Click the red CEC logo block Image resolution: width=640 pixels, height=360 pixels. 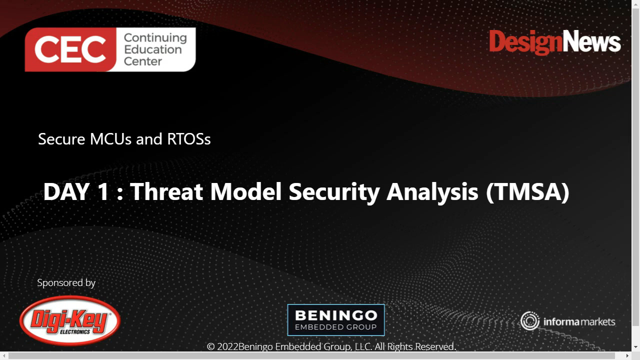pyautogui.click(x=70, y=50)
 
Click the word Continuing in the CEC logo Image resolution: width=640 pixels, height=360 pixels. pyautogui.click(x=155, y=38)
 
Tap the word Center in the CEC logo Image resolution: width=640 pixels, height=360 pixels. pyautogui.click(x=143, y=61)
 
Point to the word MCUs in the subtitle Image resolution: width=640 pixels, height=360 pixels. pyautogui.click(x=111, y=139)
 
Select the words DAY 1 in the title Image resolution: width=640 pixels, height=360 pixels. pyautogui.click(x=76, y=192)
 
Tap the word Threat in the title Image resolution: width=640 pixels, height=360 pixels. pyautogui.click(x=166, y=192)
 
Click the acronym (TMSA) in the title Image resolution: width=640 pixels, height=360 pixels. pyautogui.click(x=527, y=192)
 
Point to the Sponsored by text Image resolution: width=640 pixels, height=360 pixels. pyautogui.click(x=66, y=283)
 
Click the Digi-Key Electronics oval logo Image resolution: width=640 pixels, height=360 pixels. pyautogui.click(x=70, y=320)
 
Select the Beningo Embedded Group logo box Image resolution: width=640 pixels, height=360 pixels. pyautogui.click(x=336, y=320)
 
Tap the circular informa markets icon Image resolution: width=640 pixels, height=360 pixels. pyautogui.click(x=529, y=321)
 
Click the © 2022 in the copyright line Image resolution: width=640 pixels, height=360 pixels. pyautogui.click(x=222, y=346)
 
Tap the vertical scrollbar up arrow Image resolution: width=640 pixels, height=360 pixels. pyautogui.click(x=635, y=4)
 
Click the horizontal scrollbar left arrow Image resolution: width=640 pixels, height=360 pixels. pyautogui.click(x=4, y=355)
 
